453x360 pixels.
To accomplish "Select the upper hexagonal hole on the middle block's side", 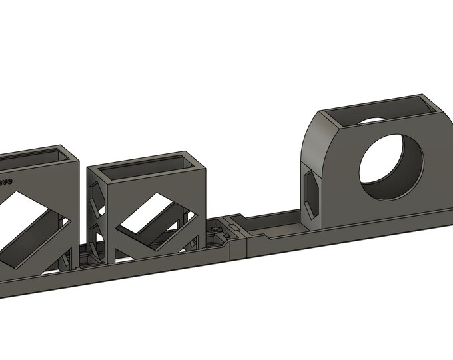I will point(94,195).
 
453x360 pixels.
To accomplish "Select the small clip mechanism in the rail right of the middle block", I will point(217,233).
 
